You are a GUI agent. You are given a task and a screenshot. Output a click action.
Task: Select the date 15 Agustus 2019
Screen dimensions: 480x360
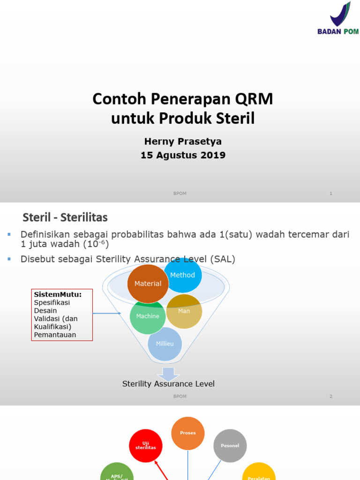pos(183,155)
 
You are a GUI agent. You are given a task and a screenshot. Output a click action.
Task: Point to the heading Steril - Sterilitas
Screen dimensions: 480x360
pos(65,217)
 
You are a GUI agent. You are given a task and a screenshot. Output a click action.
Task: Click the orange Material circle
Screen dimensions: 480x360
pos(148,284)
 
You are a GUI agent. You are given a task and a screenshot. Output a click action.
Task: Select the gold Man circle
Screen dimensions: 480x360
pos(184,311)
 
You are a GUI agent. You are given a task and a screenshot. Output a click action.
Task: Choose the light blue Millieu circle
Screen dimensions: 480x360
pos(165,344)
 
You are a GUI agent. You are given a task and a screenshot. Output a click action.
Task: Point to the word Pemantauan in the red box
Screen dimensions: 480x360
pos(55,335)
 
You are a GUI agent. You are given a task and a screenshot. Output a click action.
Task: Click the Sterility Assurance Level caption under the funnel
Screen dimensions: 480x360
pos(168,384)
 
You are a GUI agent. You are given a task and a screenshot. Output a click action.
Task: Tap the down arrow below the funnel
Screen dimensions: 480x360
pos(168,374)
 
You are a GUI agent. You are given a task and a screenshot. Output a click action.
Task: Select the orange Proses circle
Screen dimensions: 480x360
pos(188,433)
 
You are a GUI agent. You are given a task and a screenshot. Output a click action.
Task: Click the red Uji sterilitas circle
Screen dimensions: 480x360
pos(146,446)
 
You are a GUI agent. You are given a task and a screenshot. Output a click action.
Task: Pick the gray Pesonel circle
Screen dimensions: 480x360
pos(230,445)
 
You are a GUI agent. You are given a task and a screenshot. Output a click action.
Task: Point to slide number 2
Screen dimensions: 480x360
pos(330,396)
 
